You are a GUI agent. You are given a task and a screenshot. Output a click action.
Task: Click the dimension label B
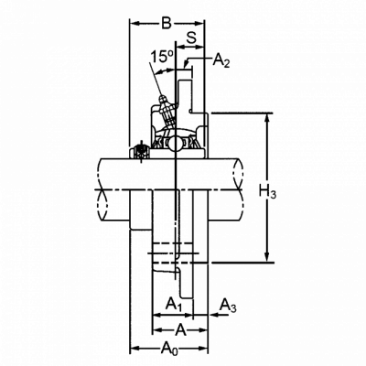pos(167,23)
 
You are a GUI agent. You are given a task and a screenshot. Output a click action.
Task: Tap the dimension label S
pos(191,38)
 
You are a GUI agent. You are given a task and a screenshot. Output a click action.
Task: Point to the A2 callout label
pos(221,60)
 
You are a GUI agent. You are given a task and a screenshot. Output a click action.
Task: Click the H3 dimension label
pos(268,192)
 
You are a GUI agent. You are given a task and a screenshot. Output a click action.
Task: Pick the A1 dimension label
pos(174,305)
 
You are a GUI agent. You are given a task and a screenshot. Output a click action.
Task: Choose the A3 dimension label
pos(229,306)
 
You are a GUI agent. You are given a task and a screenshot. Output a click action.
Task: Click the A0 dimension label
pos(169,349)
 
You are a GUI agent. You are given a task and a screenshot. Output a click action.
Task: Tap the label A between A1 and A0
pos(180,330)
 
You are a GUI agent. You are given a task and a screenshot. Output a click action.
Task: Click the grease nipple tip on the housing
pos(162,98)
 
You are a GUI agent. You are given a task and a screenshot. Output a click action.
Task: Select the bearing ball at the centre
pos(176,144)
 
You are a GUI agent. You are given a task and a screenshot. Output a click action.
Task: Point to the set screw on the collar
pos(141,151)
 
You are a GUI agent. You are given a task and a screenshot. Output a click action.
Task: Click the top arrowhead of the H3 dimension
pos(267,118)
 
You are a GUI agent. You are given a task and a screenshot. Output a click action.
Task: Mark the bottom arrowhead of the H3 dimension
pos(267,257)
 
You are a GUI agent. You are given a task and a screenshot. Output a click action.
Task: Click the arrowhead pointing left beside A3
pos(212,315)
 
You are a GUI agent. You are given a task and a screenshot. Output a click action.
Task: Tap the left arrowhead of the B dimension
pos(135,23)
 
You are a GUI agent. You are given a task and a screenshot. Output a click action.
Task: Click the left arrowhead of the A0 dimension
pos(135,348)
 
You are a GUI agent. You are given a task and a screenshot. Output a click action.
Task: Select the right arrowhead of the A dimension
pos(203,330)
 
